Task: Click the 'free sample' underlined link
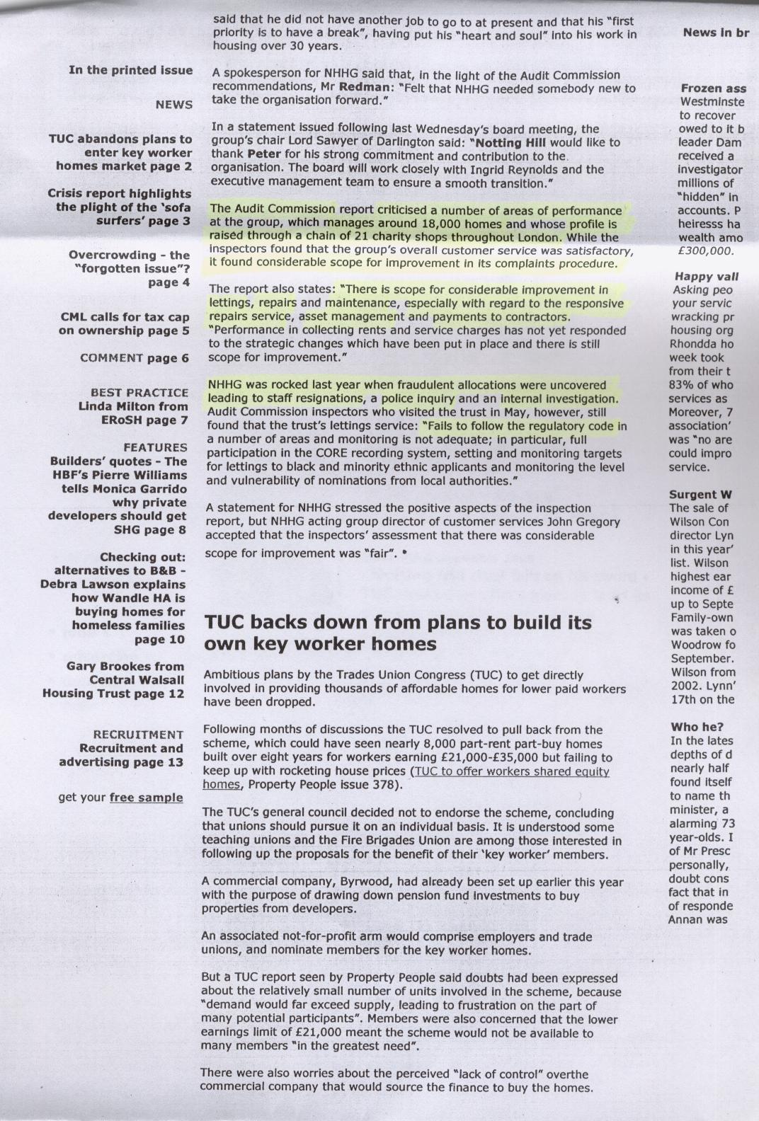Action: click(x=146, y=798)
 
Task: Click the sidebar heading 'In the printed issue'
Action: click(x=130, y=70)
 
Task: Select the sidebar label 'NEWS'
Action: click(x=173, y=105)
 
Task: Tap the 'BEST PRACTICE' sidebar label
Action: click(x=139, y=392)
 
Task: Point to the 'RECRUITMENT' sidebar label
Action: click(x=138, y=735)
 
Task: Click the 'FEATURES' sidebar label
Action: click(x=155, y=447)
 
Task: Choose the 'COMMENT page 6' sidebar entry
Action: click(x=135, y=358)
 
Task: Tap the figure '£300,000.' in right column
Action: click(x=705, y=251)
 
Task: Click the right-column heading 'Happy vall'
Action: click(x=706, y=277)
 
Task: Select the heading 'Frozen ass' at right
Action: click(x=713, y=88)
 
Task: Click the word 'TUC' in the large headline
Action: click(x=225, y=623)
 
